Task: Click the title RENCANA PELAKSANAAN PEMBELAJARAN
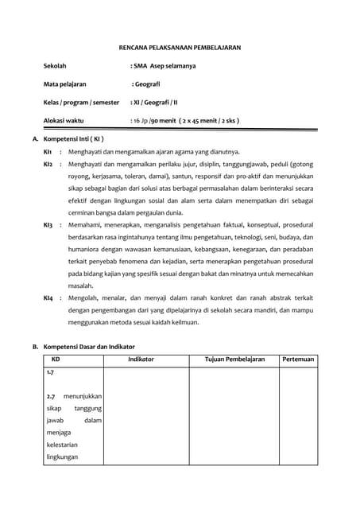tap(180, 48)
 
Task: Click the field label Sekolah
tap(55, 66)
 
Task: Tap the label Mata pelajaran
tap(64, 84)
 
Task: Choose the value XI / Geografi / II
tap(159, 102)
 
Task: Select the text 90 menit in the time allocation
tap(168, 121)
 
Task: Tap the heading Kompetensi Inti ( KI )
tap(79, 138)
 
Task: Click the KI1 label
tap(48, 150)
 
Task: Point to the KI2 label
tap(48, 163)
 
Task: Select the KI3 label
tap(48, 226)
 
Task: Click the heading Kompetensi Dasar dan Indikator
tap(88, 347)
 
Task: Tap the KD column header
tap(55, 359)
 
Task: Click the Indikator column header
tap(141, 359)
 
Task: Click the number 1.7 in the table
tap(50, 371)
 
